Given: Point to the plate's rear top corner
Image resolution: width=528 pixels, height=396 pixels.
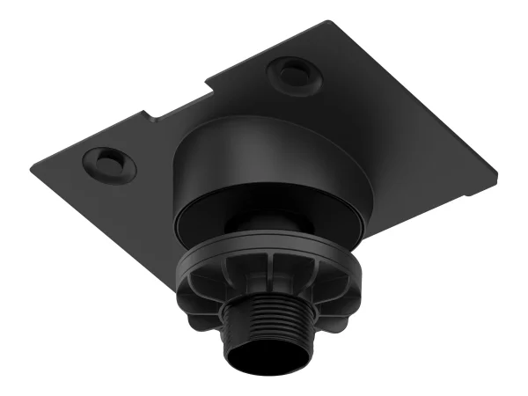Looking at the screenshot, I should pos(336,22).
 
